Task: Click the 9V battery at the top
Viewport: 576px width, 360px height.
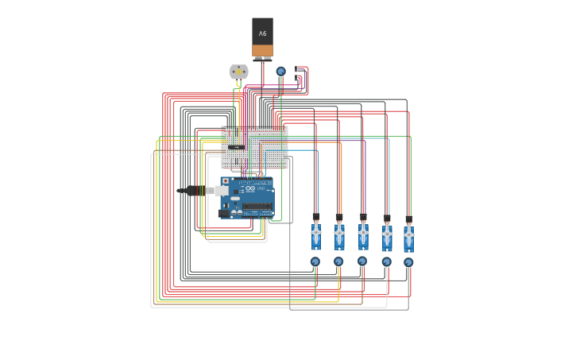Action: point(262,38)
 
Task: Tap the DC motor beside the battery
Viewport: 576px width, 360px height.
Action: point(238,72)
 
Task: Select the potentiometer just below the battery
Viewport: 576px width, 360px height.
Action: point(280,72)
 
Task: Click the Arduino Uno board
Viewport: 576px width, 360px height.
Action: point(247,197)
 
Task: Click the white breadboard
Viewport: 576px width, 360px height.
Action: point(254,147)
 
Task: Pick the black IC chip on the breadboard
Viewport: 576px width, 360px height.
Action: point(236,147)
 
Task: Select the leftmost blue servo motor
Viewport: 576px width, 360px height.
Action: point(315,236)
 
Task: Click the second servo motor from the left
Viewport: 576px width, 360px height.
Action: point(339,236)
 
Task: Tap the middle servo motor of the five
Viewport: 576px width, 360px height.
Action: point(363,235)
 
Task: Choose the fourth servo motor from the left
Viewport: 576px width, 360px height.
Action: point(387,236)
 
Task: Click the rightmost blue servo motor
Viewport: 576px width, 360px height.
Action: point(408,237)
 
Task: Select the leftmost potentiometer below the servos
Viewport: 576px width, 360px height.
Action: point(315,261)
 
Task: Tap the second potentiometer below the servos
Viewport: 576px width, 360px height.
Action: point(338,261)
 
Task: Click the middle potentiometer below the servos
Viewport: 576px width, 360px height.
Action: point(362,261)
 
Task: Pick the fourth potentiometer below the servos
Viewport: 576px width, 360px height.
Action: point(387,262)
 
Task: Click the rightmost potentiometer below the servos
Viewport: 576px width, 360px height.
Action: point(408,262)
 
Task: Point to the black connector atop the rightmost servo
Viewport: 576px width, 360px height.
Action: point(408,219)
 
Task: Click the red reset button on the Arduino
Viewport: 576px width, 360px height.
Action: point(226,181)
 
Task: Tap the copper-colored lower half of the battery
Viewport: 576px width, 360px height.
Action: point(262,51)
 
